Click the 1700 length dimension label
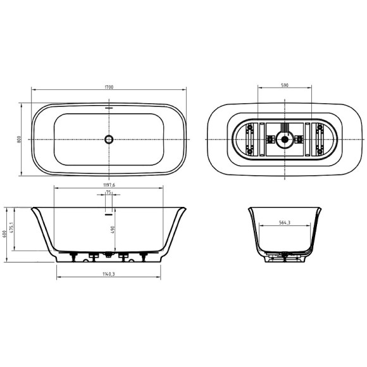click(109, 87)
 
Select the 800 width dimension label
click(20, 139)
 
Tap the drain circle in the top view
click(109, 139)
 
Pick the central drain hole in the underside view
click(284, 139)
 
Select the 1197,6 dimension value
click(109, 185)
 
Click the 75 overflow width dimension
click(109, 193)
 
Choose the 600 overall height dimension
click(4, 234)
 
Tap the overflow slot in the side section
click(109, 212)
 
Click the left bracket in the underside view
click(250, 139)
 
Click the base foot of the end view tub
click(285, 258)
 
